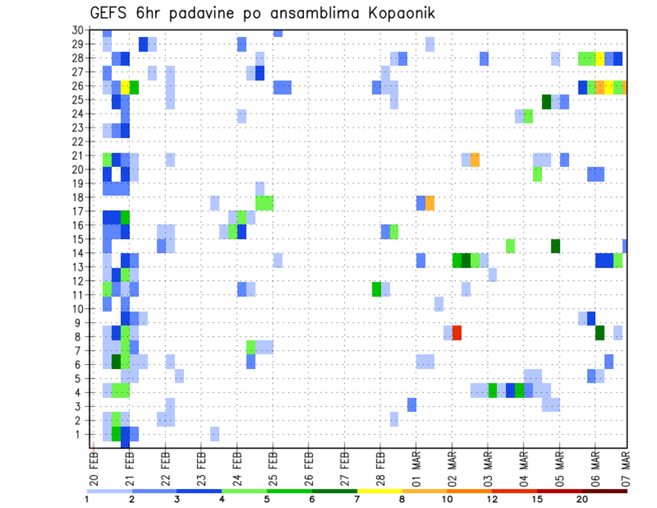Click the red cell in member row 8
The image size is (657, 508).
[456, 333]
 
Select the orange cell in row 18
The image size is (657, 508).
[430, 203]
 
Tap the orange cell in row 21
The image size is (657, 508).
[475, 160]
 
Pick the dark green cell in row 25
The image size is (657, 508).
[546, 101]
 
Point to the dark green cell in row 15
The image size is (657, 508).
[555, 246]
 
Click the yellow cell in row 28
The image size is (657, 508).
[600, 58]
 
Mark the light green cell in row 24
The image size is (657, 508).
[528, 116]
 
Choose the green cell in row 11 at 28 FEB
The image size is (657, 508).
[376, 289]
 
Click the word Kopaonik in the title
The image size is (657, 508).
[399, 13]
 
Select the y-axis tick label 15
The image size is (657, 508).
[77, 239]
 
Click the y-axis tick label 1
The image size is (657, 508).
[79, 433]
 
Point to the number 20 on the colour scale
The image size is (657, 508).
[582, 499]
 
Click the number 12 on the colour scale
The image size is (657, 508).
[493, 499]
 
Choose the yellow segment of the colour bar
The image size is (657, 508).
[379, 491]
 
